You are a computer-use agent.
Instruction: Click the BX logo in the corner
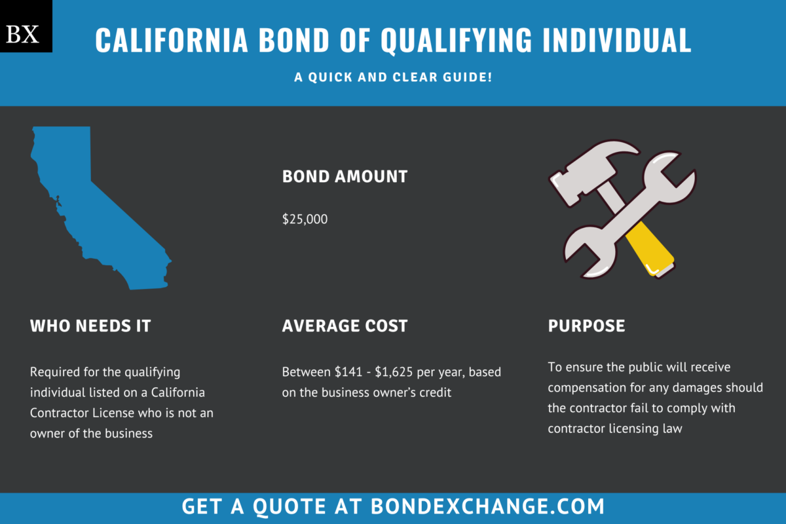[26, 26]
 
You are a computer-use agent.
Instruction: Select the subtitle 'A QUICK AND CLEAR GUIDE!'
[393, 77]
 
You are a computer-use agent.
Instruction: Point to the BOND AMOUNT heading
[345, 176]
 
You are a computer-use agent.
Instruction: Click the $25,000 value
[305, 219]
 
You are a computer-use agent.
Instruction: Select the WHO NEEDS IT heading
[90, 326]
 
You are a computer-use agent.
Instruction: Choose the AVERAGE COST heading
[345, 326]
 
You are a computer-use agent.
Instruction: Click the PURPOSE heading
[586, 326]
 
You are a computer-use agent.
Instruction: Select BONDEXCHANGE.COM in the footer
[487, 506]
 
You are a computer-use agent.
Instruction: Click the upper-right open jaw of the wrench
[681, 167]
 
